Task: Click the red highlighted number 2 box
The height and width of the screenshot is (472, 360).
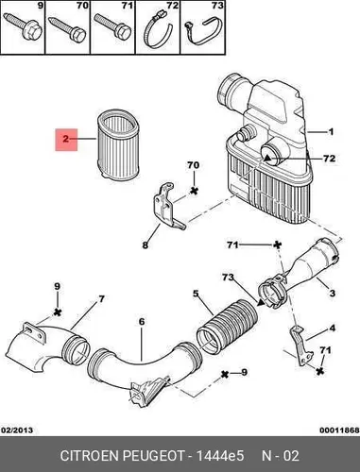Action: tap(66, 140)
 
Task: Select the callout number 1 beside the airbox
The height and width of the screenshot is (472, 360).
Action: tap(331, 131)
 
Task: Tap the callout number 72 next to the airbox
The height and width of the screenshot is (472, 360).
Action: tap(329, 159)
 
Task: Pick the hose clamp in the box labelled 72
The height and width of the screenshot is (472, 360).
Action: tap(158, 30)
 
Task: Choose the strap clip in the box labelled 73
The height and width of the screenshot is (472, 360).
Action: tap(202, 31)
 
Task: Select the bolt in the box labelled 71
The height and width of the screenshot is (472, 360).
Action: tap(112, 26)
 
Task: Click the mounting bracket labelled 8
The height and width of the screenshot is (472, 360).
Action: tap(165, 206)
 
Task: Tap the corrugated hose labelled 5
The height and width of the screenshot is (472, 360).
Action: tap(228, 327)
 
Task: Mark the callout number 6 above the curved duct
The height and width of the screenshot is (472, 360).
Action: tap(142, 322)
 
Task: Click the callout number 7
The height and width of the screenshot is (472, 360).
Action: tap(101, 298)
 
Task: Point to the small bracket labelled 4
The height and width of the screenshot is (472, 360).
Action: tap(300, 346)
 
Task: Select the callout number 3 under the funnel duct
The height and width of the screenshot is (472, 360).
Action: tap(333, 294)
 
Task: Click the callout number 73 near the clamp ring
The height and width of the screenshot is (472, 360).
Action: tap(228, 278)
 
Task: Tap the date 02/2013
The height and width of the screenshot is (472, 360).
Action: tap(17, 430)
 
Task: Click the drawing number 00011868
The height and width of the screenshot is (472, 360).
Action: tap(339, 430)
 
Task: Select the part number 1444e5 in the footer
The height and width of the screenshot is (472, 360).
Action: tap(220, 455)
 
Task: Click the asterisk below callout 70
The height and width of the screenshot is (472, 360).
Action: tap(194, 190)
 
